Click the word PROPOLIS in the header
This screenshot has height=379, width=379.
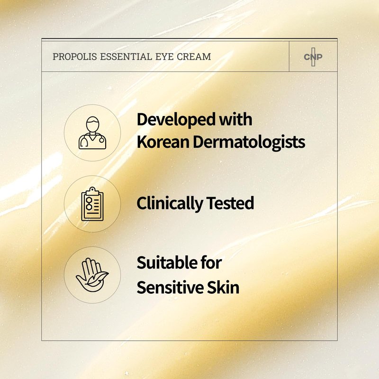[75, 57]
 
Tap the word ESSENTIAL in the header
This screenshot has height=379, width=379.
[126, 57]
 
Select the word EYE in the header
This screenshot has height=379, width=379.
[164, 57]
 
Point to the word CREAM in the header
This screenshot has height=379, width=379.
[194, 57]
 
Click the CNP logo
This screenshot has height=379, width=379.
[313, 57]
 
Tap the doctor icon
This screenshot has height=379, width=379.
[92, 133]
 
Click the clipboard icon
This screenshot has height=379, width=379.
[92, 204]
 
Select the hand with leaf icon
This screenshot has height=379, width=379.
[92, 275]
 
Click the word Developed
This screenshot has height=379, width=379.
[176, 120]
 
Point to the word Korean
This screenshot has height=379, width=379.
[163, 142]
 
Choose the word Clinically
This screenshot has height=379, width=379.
[170, 204]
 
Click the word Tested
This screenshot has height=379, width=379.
[230, 203]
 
